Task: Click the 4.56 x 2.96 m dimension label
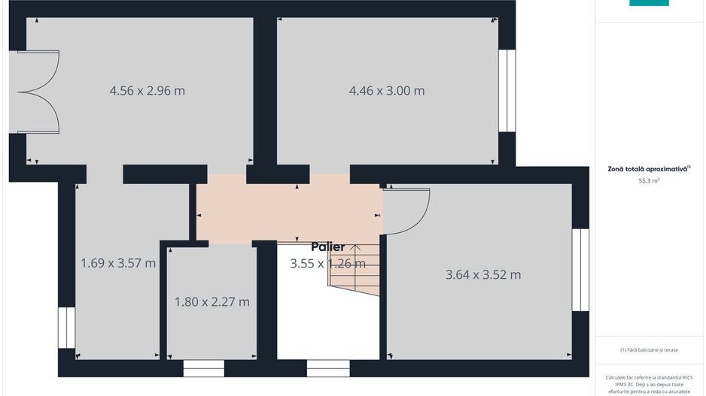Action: [x=148, y=91]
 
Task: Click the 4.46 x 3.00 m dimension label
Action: [x=387, y=91]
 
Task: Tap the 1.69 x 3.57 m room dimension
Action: [x=118, y=263]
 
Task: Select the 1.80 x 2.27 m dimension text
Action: [x=211, y=302]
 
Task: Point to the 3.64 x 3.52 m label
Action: [x=483, y=274]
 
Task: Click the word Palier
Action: [x=328, y=247]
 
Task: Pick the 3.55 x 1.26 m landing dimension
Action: [x=328, y=263]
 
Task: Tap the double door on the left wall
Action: [x=38, y=93]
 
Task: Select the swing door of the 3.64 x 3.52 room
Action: [x=406, y=211]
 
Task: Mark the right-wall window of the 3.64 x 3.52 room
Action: [x=580, y=270]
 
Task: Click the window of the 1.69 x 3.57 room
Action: [x=67, y=327]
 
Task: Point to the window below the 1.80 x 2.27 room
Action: [x=204, y=368]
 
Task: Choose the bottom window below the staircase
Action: [x=328, y=368]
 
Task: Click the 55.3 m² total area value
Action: [x=649, y=181]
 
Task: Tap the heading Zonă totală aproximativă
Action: [x=648, y=169]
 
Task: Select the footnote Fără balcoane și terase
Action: [x=649, y=350]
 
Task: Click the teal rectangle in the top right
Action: [x=649, y=3]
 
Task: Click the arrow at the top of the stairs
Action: [x=354, y=247]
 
